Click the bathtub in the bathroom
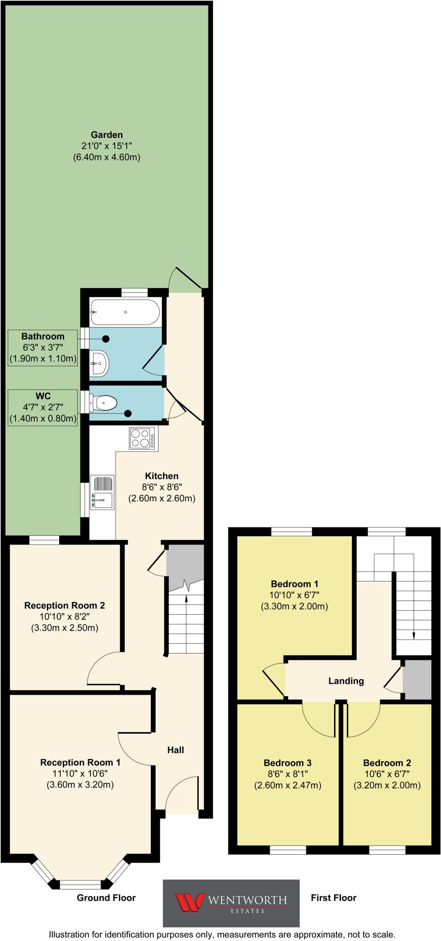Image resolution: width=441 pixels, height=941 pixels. click(125, 312)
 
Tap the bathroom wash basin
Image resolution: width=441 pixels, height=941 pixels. click(99, 363)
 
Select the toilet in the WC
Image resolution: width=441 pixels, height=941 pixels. click(104, 403)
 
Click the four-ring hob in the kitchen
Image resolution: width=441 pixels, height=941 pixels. click(142, 438)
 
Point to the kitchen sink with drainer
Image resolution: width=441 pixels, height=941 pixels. click(102, 492)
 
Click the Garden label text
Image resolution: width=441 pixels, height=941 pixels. click(106, 135)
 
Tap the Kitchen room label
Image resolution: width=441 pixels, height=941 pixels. click(162, 476)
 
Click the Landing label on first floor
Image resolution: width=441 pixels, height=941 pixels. click(346, 681)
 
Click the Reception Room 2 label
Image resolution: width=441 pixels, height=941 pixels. click(65, 606)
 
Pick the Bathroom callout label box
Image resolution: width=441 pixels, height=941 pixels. click(43, 347)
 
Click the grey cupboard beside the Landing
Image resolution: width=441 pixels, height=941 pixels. click(417, 680)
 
